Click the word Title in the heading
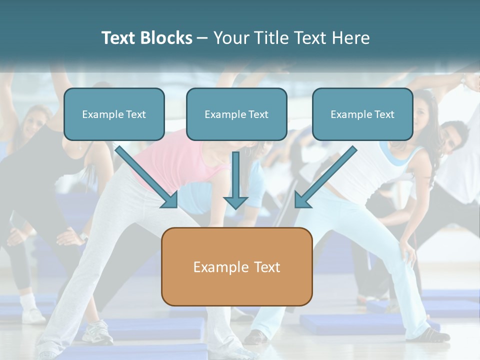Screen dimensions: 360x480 [270, 38]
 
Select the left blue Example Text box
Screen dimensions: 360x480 [114, 114]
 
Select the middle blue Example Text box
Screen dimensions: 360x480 [236, 114]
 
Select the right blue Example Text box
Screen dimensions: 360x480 [362, 114]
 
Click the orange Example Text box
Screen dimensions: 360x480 [236, 266]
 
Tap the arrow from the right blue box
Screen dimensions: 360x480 [327, 175]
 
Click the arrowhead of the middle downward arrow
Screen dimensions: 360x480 [235, 202]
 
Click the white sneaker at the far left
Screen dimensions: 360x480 [33, 315]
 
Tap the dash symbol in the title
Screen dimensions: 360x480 [203, 38]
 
